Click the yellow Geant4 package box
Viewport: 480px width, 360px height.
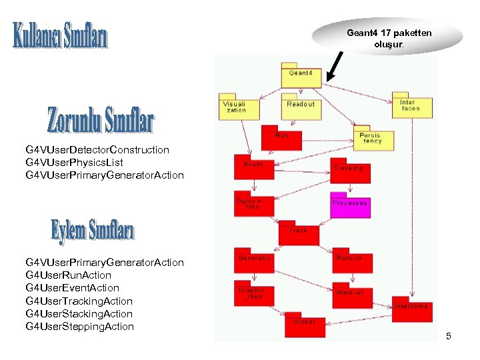point(301,77)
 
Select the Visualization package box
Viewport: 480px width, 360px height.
point(238,107)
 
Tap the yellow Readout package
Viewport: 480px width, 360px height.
point(301,107)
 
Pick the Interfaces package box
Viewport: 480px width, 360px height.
point(411,107)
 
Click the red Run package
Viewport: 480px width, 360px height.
point(281,138)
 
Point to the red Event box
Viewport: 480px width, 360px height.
point(253,168)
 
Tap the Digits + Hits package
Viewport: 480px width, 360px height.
point(253,204)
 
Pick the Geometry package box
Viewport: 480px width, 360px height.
point(253,261)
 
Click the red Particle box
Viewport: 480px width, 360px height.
point(349,261)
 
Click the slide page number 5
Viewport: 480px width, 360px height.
point(449,336)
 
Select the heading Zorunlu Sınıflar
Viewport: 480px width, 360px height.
point(100,120)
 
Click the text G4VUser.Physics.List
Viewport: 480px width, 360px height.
point(74,162)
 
